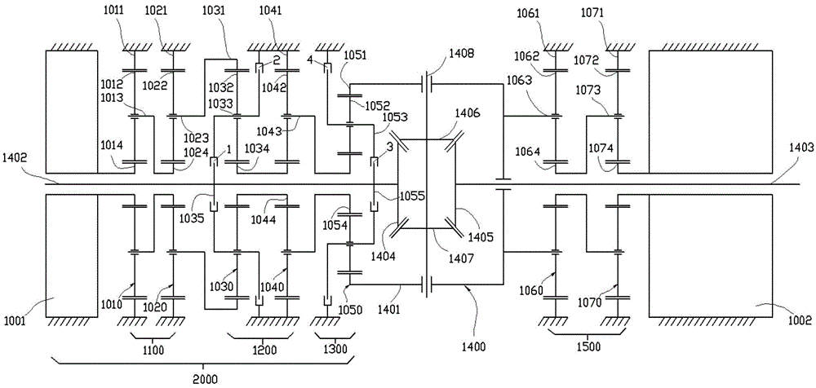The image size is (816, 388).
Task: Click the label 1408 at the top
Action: pyautogui.click(x=460, y=55)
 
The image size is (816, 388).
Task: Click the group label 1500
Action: pyautogui.click(x=584, y=348)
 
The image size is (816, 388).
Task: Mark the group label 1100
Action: pyautogui.click(x=153, y=348)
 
